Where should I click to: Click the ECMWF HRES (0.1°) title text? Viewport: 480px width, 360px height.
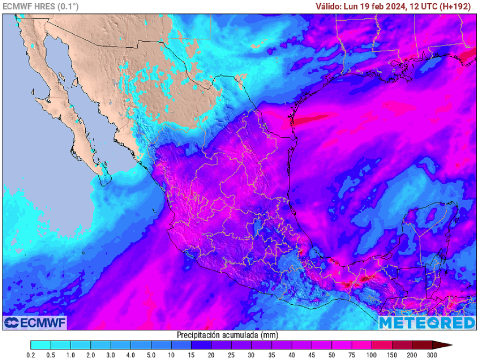41,7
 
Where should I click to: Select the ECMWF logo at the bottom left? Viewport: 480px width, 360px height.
35,322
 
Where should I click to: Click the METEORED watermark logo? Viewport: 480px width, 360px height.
427,322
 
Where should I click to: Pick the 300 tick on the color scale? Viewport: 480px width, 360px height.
432,355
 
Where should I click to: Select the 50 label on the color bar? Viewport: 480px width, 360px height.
332,355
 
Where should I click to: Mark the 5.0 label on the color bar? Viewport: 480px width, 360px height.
131,355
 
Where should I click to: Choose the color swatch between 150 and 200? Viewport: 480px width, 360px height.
402,345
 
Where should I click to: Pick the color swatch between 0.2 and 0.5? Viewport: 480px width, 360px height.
40,345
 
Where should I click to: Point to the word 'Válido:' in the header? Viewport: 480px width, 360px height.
328,7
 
